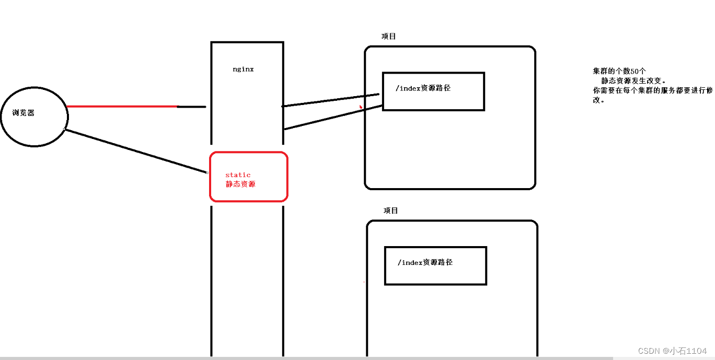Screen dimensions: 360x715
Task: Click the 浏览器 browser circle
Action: click(x=34, y=128)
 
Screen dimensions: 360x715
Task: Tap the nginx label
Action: click(x=243, y=69)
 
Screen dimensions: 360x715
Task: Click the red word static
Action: click(x=238, y=175)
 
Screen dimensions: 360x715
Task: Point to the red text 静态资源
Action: click(x=240, y=184)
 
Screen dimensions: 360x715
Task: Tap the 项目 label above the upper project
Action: click(x=389, y=36)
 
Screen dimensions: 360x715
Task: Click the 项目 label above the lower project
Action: click(x=390, y=211)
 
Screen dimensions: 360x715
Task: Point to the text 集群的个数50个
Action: click(x=619, y=71)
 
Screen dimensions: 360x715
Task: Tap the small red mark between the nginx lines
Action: click(x=360, y=107)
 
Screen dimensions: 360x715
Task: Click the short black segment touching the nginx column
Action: click(x=191, y=107)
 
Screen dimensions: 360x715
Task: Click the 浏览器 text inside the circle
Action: click(x=24, y=113)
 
